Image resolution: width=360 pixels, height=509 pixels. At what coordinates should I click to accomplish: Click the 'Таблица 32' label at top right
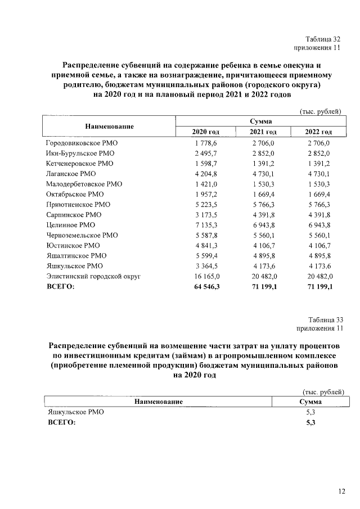[323, 39]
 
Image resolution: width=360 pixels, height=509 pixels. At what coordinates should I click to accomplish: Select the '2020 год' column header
[205, 132]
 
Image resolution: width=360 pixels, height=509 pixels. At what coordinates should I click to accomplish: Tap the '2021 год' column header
[263, 132]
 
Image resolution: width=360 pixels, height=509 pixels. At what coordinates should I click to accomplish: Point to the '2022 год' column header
[318, 132]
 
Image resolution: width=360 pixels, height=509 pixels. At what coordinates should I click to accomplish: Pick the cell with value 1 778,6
[205, 143]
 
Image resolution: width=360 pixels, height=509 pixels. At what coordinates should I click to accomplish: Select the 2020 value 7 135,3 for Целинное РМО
[205, 225]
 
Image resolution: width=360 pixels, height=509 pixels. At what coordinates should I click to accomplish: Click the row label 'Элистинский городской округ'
[92, 276]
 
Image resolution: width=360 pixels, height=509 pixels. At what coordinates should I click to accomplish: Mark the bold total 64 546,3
[205, 286]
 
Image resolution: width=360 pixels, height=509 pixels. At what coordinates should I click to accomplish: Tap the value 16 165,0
[205, 276]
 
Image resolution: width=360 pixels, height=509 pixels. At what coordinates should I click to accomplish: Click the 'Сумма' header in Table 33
[307, 402]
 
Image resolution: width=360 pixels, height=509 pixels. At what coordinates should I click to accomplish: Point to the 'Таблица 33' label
[323, 320]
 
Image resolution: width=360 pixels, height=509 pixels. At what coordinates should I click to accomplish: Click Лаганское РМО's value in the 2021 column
[263, 174]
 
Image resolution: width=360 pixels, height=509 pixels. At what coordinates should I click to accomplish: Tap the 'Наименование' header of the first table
[109, 126]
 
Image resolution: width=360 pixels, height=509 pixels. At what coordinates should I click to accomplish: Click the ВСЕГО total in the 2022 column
[319, 286]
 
